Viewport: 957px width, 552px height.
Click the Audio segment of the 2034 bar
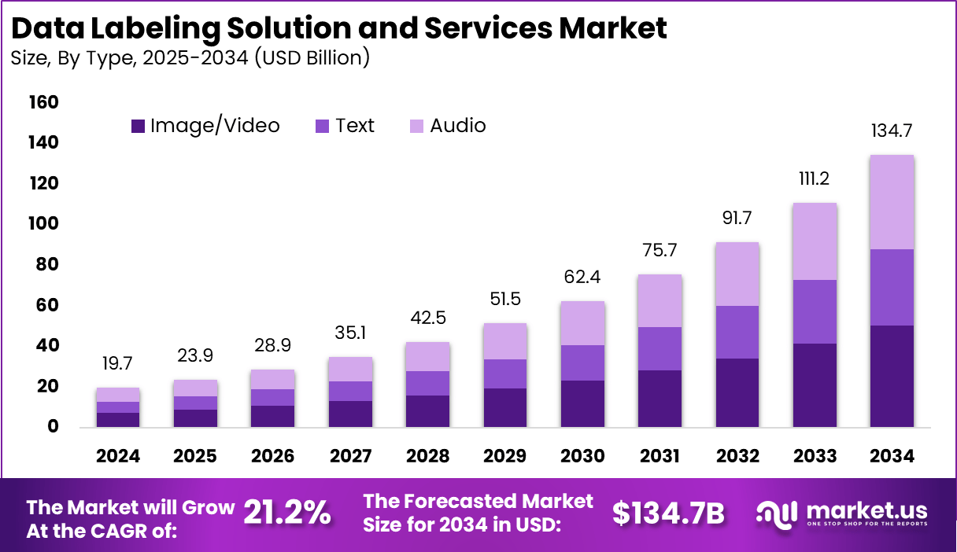[892, 202]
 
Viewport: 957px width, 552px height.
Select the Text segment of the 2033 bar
[815, 311]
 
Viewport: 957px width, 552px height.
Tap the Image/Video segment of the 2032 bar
[737, 392]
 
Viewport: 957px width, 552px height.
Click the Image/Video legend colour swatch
[139, 126]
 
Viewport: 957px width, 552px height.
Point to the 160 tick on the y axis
[43, 102]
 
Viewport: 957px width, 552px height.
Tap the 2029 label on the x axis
[505, 457]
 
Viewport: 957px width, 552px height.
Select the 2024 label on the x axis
[118, 457]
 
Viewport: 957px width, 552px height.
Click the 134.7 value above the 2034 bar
[892, 131]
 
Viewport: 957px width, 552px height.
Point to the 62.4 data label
[582, 278]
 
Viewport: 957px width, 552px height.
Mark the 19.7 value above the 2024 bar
[118, 364]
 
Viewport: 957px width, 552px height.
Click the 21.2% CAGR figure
[286, 513]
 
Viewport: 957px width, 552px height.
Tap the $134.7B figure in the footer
[668, 513]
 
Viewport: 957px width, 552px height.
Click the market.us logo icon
[778, 513]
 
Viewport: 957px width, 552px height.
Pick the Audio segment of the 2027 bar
[350, 369]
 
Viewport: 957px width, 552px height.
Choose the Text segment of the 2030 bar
[582, 362]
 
